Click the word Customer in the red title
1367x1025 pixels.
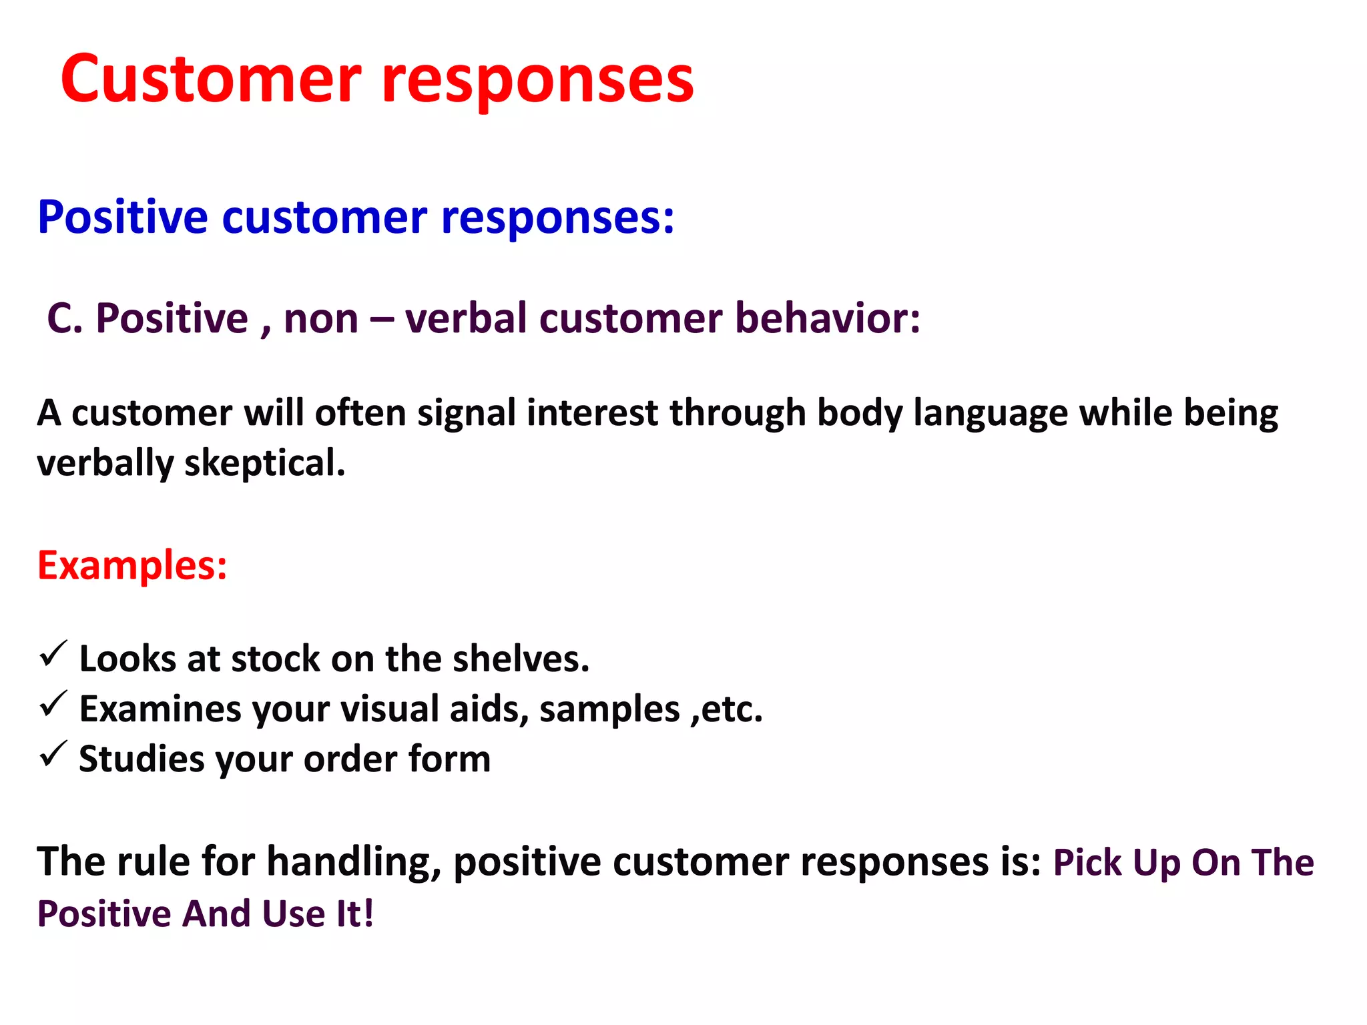(x=210, y=80)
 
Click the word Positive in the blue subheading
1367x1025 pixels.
(x=123, y=218)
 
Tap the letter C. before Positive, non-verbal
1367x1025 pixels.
(x=65, y=318)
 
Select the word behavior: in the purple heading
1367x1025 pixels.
(x=828, y=318)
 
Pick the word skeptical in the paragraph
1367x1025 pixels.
(x=264, y=463)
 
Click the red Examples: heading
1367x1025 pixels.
(x=132, y=566)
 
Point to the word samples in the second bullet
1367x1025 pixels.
(x=609, y=709)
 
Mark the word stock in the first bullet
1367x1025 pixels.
(x=276, y=659)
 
